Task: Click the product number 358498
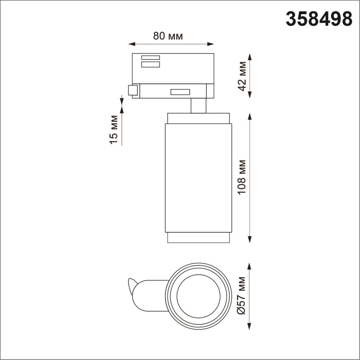[x=319, y=19]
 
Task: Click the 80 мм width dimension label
[x=168, y=36]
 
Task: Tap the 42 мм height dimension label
[x=242, y=76]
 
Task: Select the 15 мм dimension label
[x=114, y=129]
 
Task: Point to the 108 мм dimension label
[x=242, y=177]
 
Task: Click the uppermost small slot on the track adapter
[x=150, y=57]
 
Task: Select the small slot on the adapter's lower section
[x=180, y=92]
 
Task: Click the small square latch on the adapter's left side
[x=133, y=90]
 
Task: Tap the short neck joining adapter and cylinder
[x=199, y=106]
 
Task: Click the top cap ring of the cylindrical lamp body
[x=199, y=118]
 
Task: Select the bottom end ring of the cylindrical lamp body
[x=199, y=238]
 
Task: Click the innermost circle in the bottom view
[x=199, y=295]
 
